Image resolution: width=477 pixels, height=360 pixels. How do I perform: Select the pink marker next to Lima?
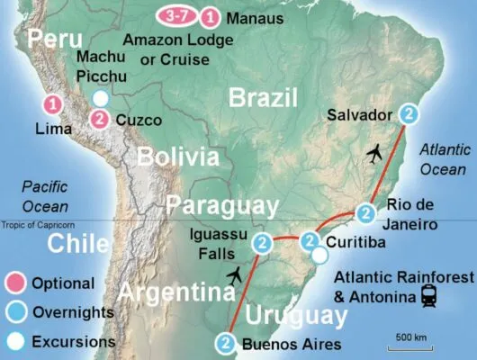tap(54, 104)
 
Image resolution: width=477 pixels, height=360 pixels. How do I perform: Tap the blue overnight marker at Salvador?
tap(409, 114)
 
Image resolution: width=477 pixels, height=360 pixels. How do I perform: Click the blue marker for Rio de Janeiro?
tap(365, 213)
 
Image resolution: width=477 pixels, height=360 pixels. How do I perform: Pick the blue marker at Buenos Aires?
tap(226, 343)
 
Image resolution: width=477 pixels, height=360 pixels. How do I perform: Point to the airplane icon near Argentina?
tap(236, 273)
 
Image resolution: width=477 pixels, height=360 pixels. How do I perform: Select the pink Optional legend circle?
tap(16, 283)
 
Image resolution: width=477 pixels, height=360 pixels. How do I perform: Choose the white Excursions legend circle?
tap(16, 341)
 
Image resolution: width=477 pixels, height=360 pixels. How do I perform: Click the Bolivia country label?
tap(178, 157)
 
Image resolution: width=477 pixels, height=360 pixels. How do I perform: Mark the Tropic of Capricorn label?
tap(39, 226)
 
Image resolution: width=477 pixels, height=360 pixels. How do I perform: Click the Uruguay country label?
tap(296, 315)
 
